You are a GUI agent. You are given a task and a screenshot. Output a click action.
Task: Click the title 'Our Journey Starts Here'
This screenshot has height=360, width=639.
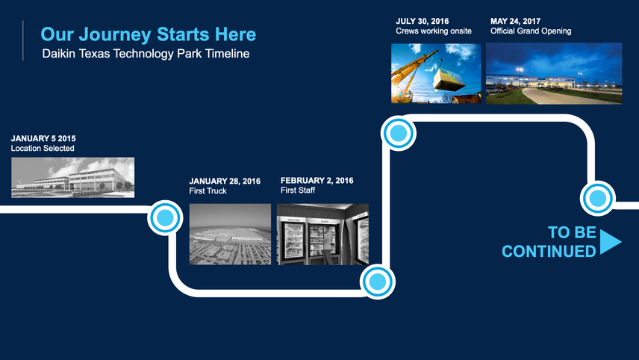[x=149, y=34]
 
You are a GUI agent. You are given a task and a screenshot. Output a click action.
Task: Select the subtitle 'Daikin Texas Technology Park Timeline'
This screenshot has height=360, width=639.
[x=146, y=54]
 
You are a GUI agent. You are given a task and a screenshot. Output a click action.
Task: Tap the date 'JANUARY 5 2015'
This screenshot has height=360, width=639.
[x=43, y=139]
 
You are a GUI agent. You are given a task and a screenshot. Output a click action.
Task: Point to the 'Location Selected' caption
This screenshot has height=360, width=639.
[x=43, y=149]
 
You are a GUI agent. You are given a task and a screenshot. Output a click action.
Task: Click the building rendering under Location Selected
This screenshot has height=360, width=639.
[x=73, y=177]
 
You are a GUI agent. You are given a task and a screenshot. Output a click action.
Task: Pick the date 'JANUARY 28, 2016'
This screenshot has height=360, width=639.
[x=225, y=181]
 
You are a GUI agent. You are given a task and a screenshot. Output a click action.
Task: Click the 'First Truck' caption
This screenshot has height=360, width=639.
[x=208, y=190]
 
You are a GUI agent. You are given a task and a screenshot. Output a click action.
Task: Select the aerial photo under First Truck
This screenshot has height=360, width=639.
[x=230, y=234]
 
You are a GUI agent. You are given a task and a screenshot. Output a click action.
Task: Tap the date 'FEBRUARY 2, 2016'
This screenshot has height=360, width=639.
[x=317, y=180]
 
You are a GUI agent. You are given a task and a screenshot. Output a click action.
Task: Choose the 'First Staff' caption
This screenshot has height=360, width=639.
[x=298, y=190]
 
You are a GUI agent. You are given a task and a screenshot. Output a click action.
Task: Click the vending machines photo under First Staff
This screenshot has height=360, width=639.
[x=322, y=234]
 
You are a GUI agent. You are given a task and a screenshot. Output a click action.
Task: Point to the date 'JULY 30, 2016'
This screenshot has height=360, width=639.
[x=423, y=21]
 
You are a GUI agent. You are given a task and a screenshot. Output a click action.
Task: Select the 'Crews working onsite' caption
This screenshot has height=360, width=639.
[x=434, y=31]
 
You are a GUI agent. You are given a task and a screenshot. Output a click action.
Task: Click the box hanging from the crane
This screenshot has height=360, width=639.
[x=449, y=79]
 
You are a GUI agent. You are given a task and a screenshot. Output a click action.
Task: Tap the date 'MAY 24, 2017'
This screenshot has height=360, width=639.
[x=516, y=21]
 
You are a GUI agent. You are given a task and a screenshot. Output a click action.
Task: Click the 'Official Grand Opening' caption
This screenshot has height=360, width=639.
[x=531, y=31]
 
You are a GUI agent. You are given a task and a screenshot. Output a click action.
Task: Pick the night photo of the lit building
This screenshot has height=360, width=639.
[x=554, y=73]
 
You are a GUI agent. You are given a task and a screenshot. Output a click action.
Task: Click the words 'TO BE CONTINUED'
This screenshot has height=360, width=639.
[x=549, y=242]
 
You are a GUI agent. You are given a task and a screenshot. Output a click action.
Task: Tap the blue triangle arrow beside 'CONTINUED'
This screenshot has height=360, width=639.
[x=610, y=242]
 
